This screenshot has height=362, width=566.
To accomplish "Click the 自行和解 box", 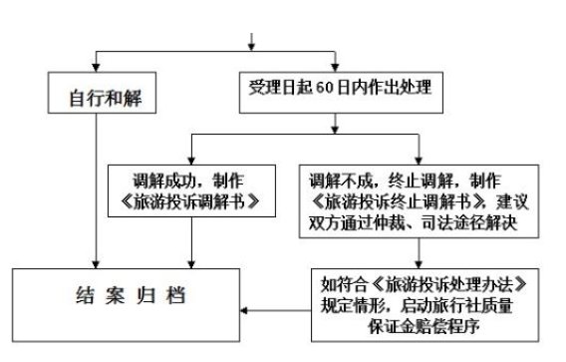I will click(96, 98).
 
